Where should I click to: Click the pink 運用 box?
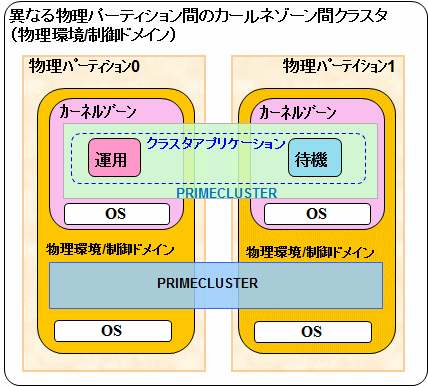[x=114, y=158]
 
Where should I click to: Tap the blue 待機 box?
[x=315, y=158]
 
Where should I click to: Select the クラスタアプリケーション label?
[x=216, y=143]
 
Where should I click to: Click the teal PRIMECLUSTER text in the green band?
[x=227, y=193]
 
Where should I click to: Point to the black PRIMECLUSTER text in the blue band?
[x=207, y=283]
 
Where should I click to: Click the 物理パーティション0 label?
[x=84, y=66]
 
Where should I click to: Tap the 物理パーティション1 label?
[x=339, y=66]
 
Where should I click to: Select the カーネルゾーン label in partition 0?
[x=98, y=112]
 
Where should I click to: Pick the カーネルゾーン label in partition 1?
[x=298, y=112]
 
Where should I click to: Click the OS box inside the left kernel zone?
[x=117, y=214]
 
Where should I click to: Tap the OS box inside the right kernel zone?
[x=317, y=214]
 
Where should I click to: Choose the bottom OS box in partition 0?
[x=113, y=331]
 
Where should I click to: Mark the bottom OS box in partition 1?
[x=313, y=332]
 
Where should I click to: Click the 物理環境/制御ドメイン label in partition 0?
[x=110, y=249]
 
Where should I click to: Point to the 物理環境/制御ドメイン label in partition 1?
[x=310, y=252]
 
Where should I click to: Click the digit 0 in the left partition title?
[x=135, y=66]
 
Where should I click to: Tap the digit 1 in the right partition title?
[x=391, y=66]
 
